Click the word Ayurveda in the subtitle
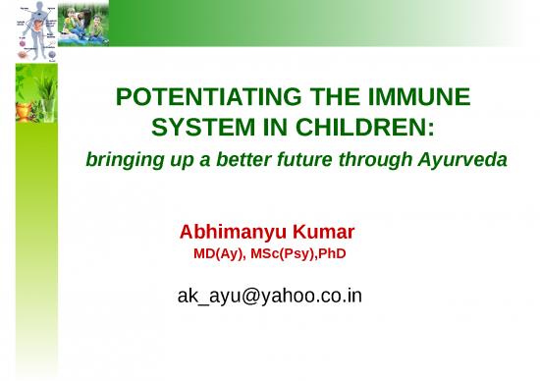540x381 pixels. (x=461, y=160)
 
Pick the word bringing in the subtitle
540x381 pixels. (x=121, y=160)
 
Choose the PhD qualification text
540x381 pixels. (x=332, y=255)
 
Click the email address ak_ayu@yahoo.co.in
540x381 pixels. (x=269, y=294)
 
